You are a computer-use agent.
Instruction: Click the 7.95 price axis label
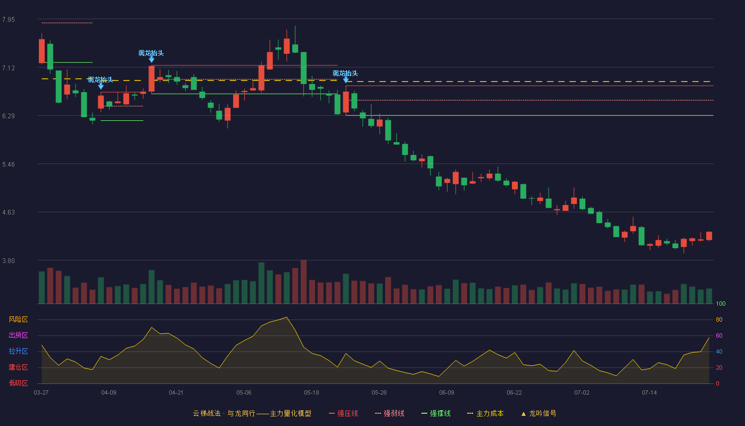click(9, 20)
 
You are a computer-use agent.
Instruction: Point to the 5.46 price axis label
click(9, 165)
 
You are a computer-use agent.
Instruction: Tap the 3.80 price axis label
click(9, 261)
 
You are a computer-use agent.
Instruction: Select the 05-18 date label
click(311, 393)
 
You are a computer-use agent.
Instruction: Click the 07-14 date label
click(649, 393)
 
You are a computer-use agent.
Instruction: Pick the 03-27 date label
click(42, 393)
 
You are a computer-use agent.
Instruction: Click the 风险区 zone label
click(18, 319)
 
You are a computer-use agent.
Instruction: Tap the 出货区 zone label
click(18, 335)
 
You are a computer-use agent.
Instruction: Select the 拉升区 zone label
click(18, 351)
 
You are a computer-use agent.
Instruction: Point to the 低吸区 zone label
click(18, 383)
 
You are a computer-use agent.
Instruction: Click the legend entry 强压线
click(343, 413)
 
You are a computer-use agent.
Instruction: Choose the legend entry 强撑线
click(436, 413)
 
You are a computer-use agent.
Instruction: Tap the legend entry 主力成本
click(485, 413)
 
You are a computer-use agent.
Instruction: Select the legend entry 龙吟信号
click(539, 413)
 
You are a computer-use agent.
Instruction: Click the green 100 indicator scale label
click(721, 304)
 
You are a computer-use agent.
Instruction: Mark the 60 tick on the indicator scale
click(719, 335)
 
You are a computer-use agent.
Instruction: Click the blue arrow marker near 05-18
click(346, 80)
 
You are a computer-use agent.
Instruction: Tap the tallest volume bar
click(304, 282)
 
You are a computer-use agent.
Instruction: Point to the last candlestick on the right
click(709, 236)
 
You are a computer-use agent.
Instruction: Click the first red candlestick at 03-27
click(42, 51)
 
